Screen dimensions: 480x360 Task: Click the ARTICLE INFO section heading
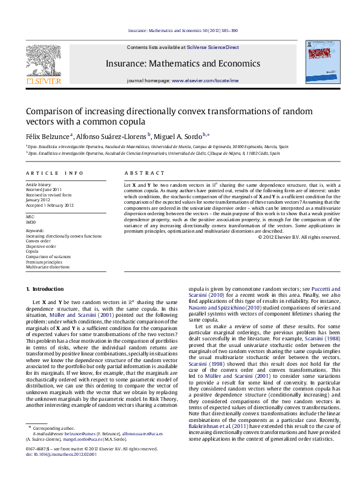point(54,173)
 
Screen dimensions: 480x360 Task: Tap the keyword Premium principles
point(45,261)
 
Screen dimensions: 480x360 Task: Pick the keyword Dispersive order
point(41,246)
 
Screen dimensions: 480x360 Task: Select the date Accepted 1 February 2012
point(49,206)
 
